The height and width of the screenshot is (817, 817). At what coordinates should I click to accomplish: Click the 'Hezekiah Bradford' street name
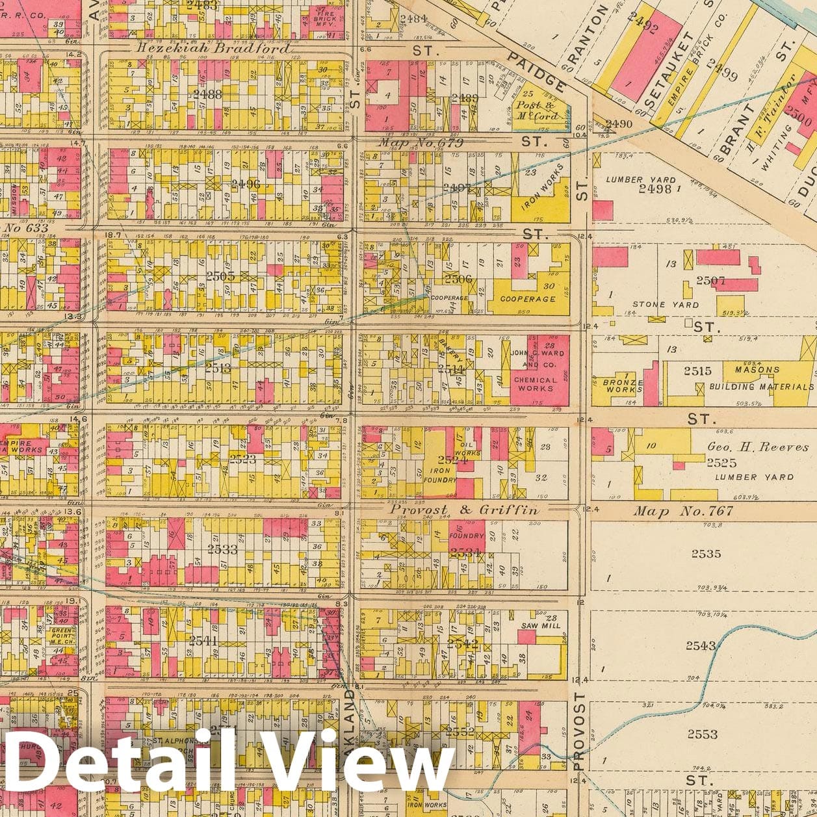coord(213,49)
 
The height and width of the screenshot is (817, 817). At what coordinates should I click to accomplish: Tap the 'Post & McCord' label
coord(536,110)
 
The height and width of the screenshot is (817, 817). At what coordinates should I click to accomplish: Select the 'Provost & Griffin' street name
coord(463,510)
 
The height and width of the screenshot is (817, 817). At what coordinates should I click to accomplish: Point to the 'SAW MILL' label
coord(541,625)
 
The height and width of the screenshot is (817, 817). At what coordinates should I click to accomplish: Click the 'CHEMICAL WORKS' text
coord(535,384)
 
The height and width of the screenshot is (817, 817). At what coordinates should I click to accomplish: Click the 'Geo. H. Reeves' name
coord(758,447)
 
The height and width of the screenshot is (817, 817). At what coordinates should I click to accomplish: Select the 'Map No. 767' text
coord(684,512)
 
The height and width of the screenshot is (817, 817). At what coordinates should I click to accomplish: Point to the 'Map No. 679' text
coord(421,143)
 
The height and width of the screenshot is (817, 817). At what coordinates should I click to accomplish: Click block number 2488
coord(207,94)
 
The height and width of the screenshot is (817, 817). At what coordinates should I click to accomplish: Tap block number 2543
coord(700,645)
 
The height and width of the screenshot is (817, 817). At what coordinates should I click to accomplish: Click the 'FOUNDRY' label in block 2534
coord(467,536)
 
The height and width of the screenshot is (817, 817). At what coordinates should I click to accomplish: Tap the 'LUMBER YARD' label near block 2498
coord(640,179)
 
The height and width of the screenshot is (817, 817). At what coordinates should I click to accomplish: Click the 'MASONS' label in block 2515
coord(757,369)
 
